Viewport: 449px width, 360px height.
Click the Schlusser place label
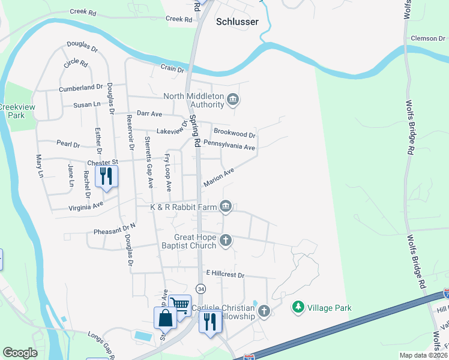click(x=237, y=22)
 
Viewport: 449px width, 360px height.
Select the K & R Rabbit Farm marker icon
click(x=226, y=207)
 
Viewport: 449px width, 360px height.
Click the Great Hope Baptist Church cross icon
click(x=226, y=241)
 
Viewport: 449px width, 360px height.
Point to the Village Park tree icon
click(x=297, y=308)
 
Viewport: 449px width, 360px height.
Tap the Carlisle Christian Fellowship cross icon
click(x=263, y=310)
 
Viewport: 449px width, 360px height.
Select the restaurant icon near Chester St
click(x=106, y=176)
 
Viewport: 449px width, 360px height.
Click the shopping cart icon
click(x=179, y=305)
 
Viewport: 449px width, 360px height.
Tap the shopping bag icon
click(x=165, y=317)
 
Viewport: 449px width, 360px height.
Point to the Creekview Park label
click(x=12, y=110)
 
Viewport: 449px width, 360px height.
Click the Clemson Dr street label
click(x=428, y=38)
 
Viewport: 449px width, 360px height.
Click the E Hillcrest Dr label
click(x=226, y=274)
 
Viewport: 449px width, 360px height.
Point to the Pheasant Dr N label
click(x=115, y=230)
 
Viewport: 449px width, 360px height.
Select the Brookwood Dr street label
click(x=235, y=133)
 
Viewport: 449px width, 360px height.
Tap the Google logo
click(x=20, y=353)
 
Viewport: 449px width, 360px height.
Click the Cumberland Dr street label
click(x=81, y=88)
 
